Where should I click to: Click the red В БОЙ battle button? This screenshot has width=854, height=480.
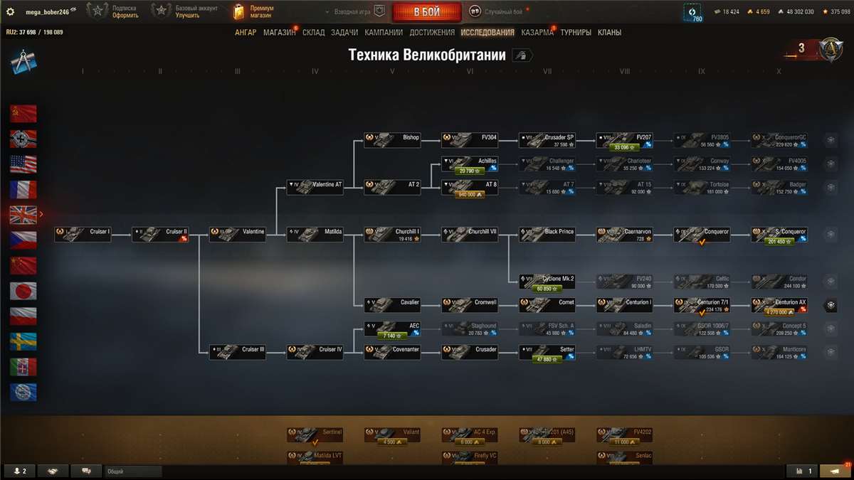(x=427, y=12)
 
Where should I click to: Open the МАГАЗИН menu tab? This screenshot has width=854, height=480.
(x=279, y=33)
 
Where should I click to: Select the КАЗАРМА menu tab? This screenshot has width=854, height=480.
(x=537, y=33)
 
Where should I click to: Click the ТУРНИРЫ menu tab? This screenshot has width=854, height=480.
(x=575, y=33)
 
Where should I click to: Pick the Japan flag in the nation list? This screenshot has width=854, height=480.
(x=23, y=291)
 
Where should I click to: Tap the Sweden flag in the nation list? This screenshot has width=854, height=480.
(x=23, y=342)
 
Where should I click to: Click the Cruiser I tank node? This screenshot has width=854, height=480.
(x=83, y=234)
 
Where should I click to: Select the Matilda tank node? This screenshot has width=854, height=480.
(x=315, y=234)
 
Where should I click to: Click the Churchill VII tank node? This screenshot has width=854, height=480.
(x=470, y=234)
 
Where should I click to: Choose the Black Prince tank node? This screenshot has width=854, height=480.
(x=547, y=234)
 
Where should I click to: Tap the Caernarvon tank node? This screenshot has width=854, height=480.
(x=624, y=234)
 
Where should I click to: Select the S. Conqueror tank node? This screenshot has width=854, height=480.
(x=779, y=234)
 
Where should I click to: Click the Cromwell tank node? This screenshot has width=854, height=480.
(x=470, y=304)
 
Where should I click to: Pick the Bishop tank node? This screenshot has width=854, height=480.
(x=392, y=139)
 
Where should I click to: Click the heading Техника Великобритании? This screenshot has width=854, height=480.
(x=427, y=55)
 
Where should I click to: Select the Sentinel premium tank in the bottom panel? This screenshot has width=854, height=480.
(x=315, y=434)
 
